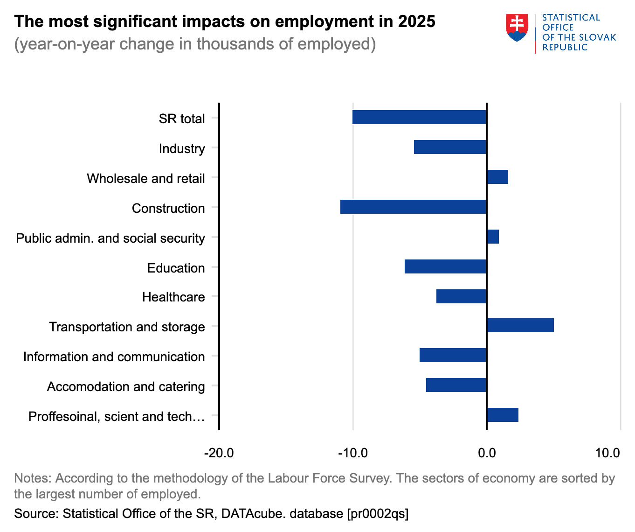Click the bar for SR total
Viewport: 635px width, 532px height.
pos(420,117)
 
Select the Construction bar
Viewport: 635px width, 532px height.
pos(414,207)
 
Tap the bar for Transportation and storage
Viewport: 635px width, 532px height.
pos(520,325)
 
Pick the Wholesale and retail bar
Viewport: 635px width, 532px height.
pos(497,177)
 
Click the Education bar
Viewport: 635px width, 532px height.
pos(446,266)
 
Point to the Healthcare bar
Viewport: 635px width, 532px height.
pos(462,296)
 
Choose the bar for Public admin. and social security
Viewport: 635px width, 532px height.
pos(493,237)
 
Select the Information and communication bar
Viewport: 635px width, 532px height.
pos(453,355)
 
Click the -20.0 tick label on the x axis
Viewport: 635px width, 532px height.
pos(219,453)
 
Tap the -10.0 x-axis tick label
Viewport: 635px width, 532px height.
pos(353,453)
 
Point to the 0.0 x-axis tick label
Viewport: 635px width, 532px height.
pos(487,453)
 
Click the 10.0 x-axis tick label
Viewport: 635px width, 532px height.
pos(607,453)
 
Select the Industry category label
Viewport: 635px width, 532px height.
pos(182,149)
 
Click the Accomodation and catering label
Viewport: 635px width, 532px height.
pos(126,387)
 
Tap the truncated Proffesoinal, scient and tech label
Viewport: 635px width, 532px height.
pos(117,417)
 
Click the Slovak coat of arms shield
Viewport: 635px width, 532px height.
pos(517,28)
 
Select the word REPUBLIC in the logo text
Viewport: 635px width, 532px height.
pos(565,48)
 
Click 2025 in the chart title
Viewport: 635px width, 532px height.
pos(416,21)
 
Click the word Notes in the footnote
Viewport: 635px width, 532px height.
pos(33,478)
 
